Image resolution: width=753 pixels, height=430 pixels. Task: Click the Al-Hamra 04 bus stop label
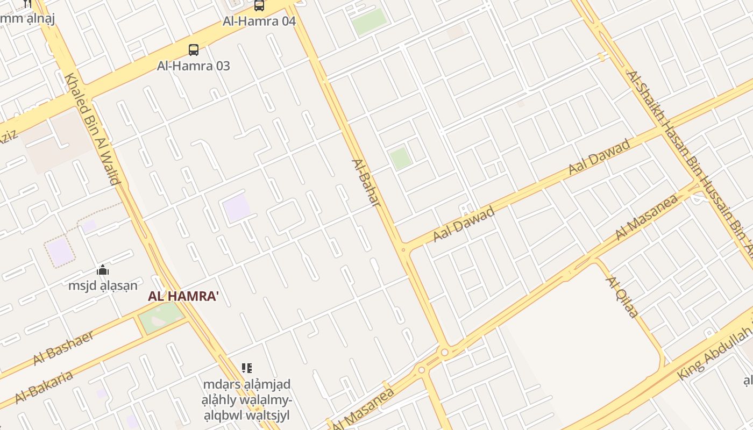(259, 21)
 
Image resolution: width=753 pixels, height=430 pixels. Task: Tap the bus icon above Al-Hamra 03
(194, 50)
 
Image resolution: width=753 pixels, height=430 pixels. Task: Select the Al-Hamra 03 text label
(194, 66)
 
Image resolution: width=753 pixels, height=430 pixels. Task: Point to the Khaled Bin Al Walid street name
(92, 130)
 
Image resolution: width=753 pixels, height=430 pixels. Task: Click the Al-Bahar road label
(367, 183)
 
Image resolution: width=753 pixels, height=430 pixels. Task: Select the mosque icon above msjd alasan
(103, 270)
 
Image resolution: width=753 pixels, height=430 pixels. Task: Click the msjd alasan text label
(103, 285)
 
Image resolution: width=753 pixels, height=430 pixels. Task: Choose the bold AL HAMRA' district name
(183, 296)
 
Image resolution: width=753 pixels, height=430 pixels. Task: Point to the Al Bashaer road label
(63, 347)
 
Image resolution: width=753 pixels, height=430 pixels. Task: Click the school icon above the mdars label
(247, 368)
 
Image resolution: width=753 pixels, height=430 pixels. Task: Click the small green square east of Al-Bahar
(401, 159)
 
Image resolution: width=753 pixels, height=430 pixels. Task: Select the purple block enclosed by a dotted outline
(60, 251)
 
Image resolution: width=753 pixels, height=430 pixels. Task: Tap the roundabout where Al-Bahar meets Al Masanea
(444, 353)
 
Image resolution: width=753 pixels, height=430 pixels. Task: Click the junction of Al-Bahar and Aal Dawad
(403, 249)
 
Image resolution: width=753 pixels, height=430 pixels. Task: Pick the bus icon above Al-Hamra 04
(259, 5)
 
